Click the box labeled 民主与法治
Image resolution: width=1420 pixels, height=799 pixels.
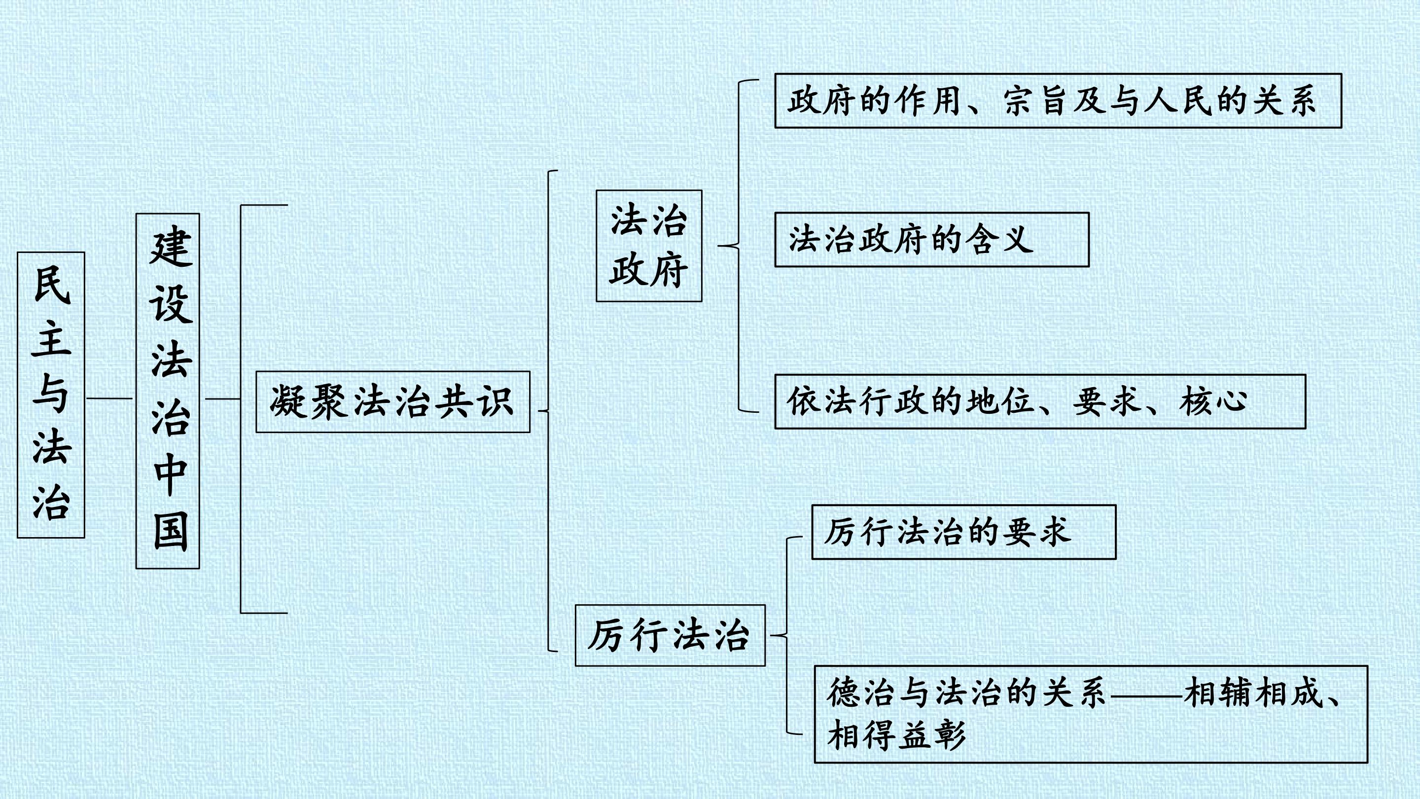tap(51, 395)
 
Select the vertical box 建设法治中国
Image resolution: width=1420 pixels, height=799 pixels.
tap(168, 391)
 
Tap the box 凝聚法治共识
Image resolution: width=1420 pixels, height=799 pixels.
tap(393, 401)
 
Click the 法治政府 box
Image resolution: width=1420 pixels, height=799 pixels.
tap(649, 246)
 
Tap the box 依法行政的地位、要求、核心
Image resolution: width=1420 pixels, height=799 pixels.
tap(1040, 401)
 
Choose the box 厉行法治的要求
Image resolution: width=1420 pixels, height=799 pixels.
tap(964, 532)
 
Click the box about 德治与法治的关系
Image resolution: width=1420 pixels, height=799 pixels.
tap(1092, 715)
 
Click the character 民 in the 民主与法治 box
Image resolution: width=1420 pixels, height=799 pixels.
tap(52, 285)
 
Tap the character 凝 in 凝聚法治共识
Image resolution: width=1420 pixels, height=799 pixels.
tap(288, 401)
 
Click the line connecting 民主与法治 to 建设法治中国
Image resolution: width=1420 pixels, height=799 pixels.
tap(109, 398)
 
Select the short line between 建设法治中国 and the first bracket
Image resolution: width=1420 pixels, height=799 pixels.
tap(223, 398)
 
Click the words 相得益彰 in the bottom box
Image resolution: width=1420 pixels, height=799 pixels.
tap(896, 735)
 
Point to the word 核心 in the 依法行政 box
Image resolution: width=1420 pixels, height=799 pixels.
tap(1213, 401)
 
